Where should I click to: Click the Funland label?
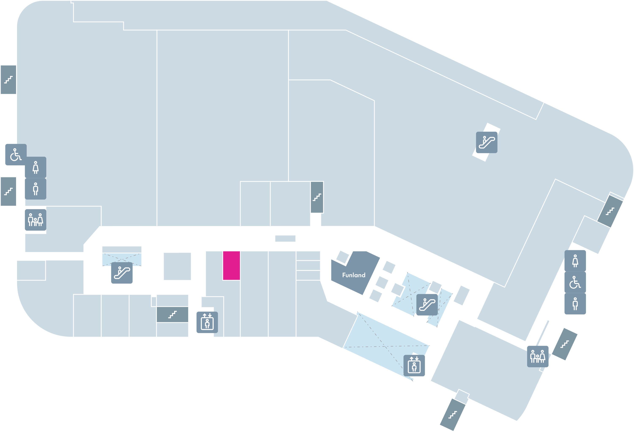click(354, 275)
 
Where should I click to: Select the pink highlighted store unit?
click(231, 266)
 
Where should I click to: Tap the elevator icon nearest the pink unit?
click(207, 322)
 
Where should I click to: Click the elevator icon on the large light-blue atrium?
click(414, 366)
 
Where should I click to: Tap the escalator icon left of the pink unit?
click(122, 273)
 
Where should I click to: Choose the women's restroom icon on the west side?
click(36, 167)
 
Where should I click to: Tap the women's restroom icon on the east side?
click(575, 261)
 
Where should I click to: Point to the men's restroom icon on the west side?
click(36, 189)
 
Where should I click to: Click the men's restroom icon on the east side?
click(575, 304)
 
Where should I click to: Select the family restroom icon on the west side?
click(36, 220)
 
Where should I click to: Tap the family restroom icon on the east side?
click(538, 357)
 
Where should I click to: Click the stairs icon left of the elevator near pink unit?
click(172, 315)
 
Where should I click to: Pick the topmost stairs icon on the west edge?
click(8, 80)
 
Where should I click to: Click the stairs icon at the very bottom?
click(453, 415)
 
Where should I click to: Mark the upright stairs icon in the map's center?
click(317, 197)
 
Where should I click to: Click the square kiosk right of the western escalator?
click(177, 266)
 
